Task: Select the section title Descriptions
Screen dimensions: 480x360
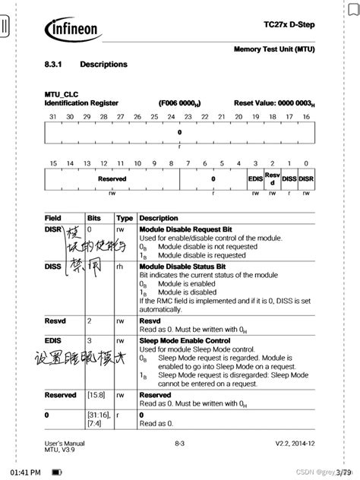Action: pos(103,65)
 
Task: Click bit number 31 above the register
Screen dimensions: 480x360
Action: pos(52,117)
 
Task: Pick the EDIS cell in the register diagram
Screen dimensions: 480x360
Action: pos(256,179)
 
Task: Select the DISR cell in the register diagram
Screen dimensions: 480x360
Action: pos(305,179)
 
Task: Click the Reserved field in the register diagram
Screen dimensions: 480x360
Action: pos(112,179)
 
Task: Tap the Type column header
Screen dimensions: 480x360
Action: pos(125,217)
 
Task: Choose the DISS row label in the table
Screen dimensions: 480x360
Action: pos(53,266)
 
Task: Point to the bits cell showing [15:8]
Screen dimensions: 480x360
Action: pos(96,395)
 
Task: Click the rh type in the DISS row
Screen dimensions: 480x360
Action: pos(120,267)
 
